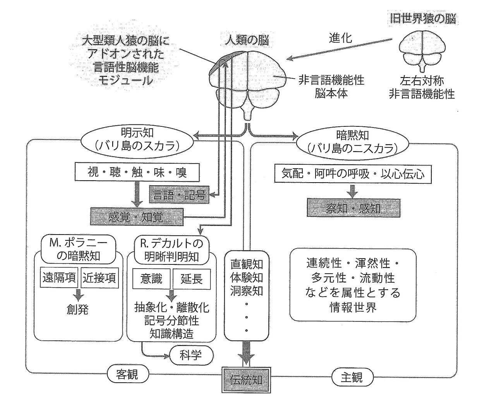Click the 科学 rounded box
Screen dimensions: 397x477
coord(191,354)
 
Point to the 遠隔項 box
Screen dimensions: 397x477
coord(59,278)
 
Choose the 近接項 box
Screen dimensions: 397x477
coord(100,278)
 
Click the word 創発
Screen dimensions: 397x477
coord(77,309)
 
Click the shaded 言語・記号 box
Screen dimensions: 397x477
coord(179,195)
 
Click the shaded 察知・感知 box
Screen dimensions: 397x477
coord(353,208)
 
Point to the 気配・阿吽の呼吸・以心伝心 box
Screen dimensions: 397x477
coord(353,174)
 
